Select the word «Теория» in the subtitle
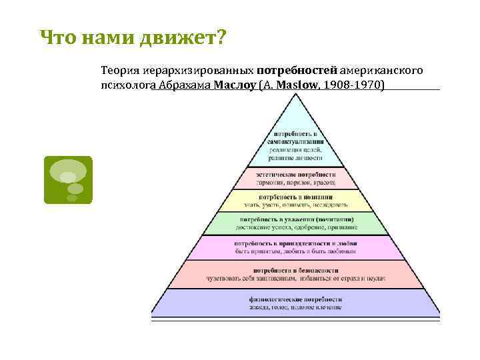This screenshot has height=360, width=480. click(x=120, y=69)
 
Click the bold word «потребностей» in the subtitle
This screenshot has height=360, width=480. click(x=297, y=69)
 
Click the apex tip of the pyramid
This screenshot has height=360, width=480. click(x=295, y=94)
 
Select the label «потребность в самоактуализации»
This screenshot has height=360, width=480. click(x=295, y=138)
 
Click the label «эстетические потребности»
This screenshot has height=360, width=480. click(x=295, y=174)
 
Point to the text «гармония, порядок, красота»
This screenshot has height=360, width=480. click(x=295, y=182)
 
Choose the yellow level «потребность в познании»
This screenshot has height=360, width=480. click(x=295, y=198)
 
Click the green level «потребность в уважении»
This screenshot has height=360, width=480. click(x=295, y=219)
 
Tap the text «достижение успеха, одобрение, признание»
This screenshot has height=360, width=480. click(x=295, y=227)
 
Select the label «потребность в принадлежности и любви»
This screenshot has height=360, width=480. click(x=295, y=244)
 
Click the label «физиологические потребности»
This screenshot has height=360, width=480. click(x=295, y=299)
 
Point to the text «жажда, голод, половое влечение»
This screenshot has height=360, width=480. click(x=295, y=308)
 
